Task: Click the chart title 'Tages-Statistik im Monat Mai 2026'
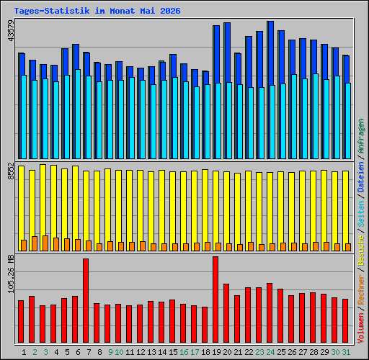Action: tap(97, 11)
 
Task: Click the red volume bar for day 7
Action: tap(86, 300)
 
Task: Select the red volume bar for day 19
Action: tap(215, 300)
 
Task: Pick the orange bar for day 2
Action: tap(35, 243)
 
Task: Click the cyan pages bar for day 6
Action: tap(78, 114)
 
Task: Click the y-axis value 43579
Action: tap(11, 31)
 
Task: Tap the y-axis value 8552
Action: tap(11, 171)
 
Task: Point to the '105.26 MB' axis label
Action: tap(11, 274)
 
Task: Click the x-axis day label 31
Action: tap(346, 352)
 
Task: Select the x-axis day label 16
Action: tap(184, 352)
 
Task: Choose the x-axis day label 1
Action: tap(24, 352)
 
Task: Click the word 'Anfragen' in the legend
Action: tap(361, 136)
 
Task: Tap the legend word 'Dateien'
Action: tap(361, 177)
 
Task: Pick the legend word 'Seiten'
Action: tap(361, 214)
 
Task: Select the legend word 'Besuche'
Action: tap(361, 251)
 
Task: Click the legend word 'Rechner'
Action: tap(361, 289)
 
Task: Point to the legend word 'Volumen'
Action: tap(361, 328)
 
